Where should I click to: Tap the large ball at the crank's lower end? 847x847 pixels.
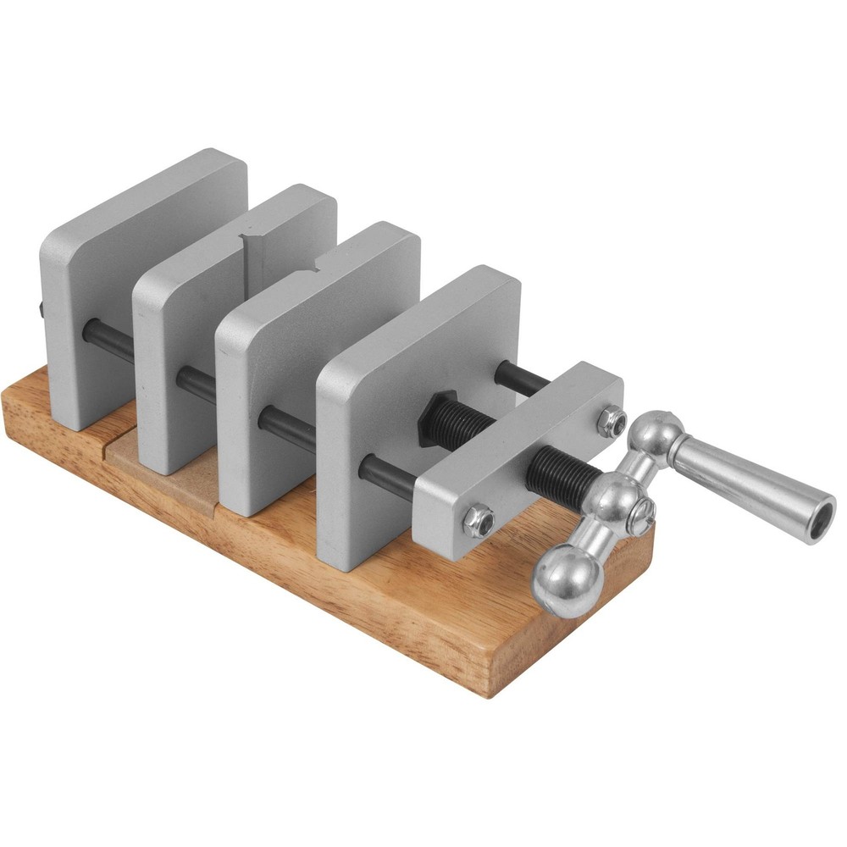565,580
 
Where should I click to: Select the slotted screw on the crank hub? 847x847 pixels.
641,512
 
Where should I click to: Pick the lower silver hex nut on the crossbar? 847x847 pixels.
479,518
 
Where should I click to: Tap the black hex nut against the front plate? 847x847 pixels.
439,415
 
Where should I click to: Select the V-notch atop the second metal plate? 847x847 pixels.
254,246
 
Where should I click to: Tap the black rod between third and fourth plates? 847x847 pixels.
288,428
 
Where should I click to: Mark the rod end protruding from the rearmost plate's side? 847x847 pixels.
41,310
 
